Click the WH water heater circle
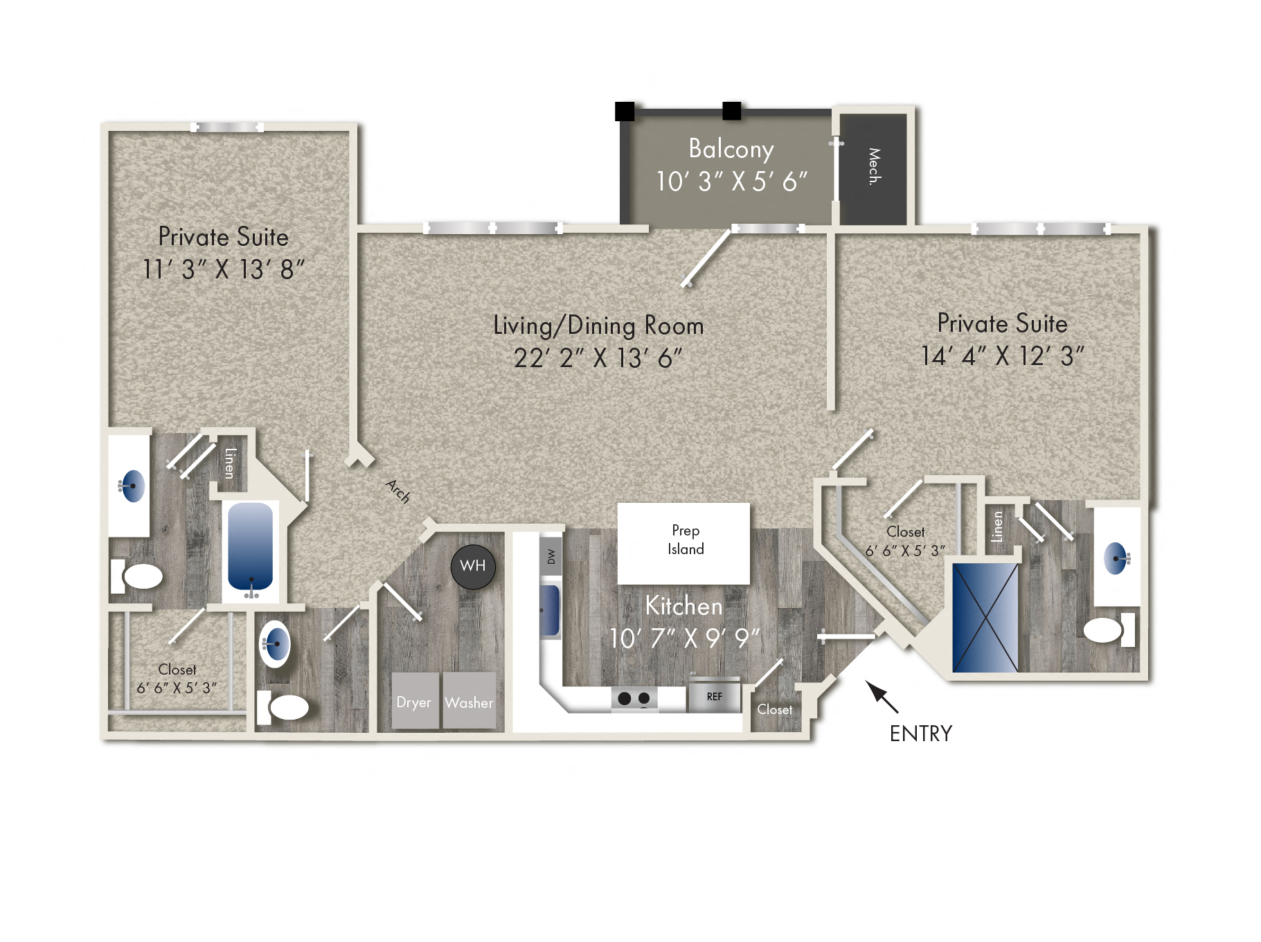[473, 567]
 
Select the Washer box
[469, 700]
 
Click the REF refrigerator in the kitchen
[714, 696]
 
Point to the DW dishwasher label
[551, 556]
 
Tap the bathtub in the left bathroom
[251, 549]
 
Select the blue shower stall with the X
[985, 618]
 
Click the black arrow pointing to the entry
[882, 697]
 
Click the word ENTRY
[921, 734]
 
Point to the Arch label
[398, 491]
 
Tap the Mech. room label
[875, 166]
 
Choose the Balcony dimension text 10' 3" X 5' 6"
[732, 182]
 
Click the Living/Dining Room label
[598, 326]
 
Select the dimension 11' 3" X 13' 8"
[223, 269]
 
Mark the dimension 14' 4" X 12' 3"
[1002, 356]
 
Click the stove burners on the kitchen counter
[634, 698]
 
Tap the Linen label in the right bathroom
[997, 526]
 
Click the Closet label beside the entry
[774, 710]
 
